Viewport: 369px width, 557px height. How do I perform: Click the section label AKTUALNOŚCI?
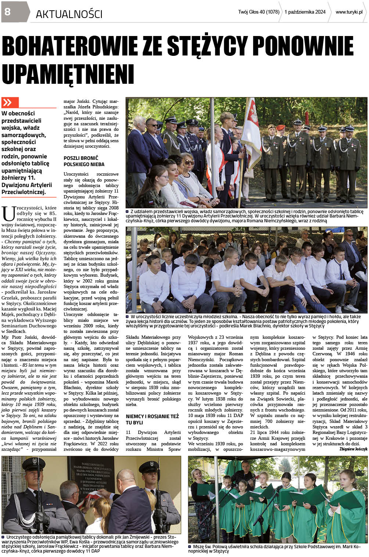coord(69,14)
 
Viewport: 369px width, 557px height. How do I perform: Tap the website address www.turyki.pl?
coord(349,12)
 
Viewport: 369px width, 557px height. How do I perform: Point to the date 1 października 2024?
coord(305,12)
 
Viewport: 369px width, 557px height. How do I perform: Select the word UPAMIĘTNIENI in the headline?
coord(68,73)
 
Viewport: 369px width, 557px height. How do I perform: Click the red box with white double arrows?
coord(10,103)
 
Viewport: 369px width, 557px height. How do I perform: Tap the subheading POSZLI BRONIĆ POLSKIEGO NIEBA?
coord(84,161)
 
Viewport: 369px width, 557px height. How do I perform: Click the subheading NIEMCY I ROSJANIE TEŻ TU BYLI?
coord(152,419)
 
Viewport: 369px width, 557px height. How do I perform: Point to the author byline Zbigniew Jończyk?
coord(353,449)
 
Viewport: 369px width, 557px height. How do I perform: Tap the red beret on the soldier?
coord(280,127)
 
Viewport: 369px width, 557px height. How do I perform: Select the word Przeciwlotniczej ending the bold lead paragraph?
coord(24,192)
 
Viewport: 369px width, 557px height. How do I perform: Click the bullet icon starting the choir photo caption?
coord(190,546)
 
